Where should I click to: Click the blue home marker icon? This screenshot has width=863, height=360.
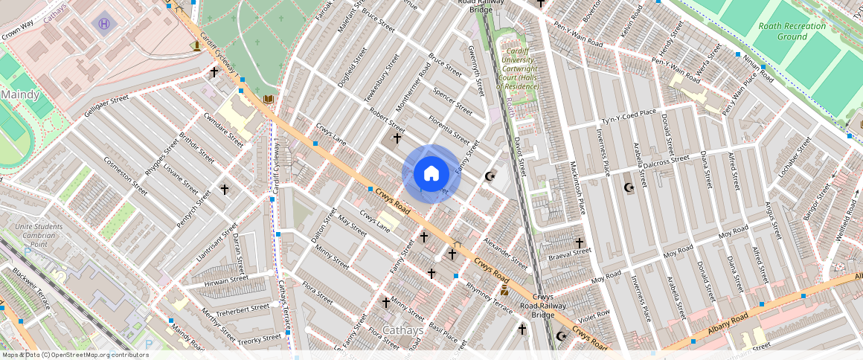pos(431,174)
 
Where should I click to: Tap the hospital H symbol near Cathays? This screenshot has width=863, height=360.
pos(103,24)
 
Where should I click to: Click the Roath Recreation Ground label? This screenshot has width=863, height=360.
pos(792,30)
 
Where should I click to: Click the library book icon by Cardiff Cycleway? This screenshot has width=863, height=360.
pos(269,99)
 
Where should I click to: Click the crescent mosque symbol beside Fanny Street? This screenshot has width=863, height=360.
pos(490,176)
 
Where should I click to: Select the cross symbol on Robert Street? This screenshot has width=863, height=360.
pos(397,138)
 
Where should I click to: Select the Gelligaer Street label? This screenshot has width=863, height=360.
pos(107,104)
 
